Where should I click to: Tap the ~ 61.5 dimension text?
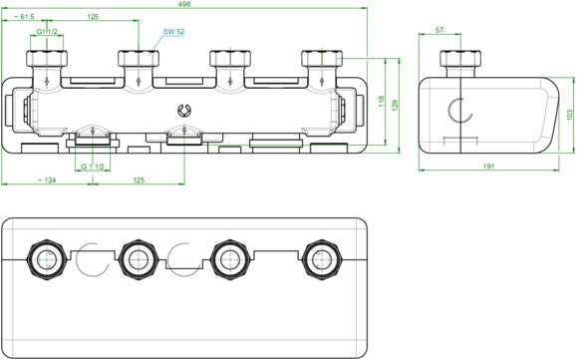click(24, 17)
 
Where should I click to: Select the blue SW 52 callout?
click(173, 32)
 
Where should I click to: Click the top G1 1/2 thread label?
click(47, 32)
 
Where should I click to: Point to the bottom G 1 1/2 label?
click(93, 168)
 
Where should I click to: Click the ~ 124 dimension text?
click(47, 180)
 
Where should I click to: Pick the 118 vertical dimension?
click(382, 102)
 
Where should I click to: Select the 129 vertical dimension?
click(396, 106)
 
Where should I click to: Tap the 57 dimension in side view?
click(439, 30)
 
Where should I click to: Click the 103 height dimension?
click(570, 115)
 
